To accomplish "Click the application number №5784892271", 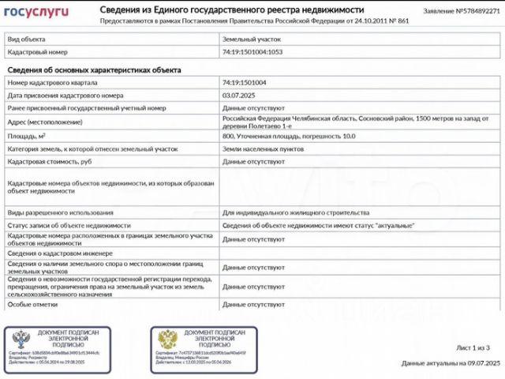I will click(x=462, y=12).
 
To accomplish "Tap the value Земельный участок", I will click(x=252, y=38).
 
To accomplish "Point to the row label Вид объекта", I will click(x=27, y=38).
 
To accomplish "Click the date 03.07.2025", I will click(x=238, y=95).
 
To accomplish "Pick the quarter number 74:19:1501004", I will click(x=244, y=82).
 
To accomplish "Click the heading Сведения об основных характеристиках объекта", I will click(x=94, y=69).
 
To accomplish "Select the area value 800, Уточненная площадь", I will click(x=288, y=136).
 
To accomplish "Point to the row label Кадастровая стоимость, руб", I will click(x=50, y=162).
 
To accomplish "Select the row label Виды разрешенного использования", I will click(x=60, y=212).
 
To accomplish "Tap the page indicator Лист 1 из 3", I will click(x=473, y=347).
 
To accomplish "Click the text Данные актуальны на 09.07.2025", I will click(x=451, y=363).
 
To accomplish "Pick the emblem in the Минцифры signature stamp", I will click(x=166, y=340).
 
